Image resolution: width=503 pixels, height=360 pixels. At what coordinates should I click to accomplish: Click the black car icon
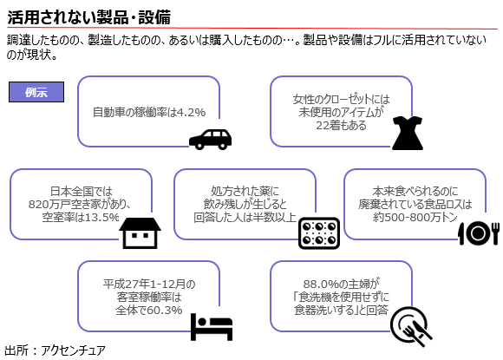click(x=210, y=140)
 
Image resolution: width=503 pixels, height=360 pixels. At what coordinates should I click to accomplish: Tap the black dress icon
click(x=408, y=133)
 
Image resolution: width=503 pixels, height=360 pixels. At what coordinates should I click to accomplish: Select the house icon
click(x=140, y=233)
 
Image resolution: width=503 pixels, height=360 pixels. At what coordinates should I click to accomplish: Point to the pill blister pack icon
click(x=319, y=233)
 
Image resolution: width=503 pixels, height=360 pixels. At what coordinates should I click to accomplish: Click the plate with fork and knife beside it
click(x=479, y=233)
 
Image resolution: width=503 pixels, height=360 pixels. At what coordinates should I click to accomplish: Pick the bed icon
click(x=212, y=327)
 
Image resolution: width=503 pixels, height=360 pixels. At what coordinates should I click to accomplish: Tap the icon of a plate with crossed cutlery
click(x=411, y=326)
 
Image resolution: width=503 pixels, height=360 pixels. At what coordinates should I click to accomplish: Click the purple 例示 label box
click(x=36, y=92)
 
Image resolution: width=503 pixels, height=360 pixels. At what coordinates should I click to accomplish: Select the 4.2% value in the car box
click(x=191, y=112)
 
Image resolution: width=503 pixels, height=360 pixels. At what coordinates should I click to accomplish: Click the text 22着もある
click(x=341, y=126)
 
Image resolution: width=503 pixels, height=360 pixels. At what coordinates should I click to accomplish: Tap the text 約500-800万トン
click(x=415, y=217)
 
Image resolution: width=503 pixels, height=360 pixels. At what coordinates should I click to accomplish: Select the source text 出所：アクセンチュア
click(x=55, y=350)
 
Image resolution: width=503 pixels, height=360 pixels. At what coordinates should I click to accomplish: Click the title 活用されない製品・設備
click(x=88, y=17)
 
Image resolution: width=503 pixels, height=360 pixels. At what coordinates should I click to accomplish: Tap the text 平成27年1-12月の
click(x=149, y=284)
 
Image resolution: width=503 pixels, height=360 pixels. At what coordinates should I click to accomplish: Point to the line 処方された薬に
click(x=245, y=191)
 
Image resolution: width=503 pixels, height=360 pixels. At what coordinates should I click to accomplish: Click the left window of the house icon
click(x=134, y=235)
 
